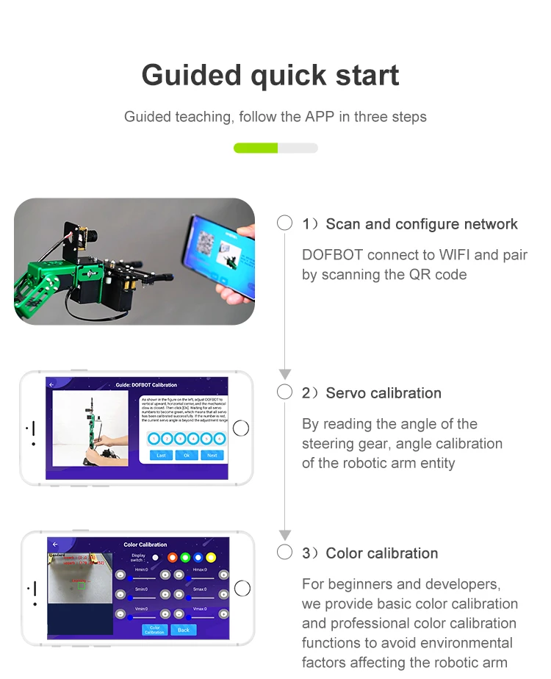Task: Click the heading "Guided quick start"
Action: pos(270,75)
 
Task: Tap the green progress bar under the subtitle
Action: pos(256,148)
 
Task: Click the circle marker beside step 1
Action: pos(284,223)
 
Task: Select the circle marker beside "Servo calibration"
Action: pos(284,392)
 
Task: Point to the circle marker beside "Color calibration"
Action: pos(284,553)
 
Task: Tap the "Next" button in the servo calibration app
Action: pos(212,455)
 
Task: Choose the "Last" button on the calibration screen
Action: pos(162,455)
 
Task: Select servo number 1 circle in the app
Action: pos(153,439)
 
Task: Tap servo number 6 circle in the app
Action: pos(220,439)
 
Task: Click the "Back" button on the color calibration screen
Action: pos(184,630)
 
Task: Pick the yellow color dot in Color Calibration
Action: pos(212,558)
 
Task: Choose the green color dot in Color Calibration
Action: pos(185,558)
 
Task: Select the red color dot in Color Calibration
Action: pos(173,558)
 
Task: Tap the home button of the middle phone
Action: pos(240,428)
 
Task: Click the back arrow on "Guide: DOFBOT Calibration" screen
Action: pos(51,384)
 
